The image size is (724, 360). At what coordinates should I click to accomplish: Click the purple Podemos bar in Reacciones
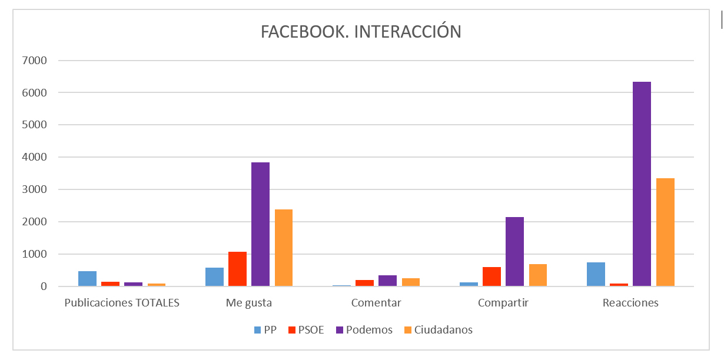(642, 184)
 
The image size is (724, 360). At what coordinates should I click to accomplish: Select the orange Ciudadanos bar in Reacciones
(665, 232)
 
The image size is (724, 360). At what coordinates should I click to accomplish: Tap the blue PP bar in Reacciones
(596, 274)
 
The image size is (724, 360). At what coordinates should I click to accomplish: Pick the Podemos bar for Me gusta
(260, 224)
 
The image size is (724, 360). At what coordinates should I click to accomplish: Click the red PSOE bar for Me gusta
(237, 269)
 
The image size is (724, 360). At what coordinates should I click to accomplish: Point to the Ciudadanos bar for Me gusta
(283, 248)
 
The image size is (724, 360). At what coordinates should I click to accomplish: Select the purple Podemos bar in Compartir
(514, 251)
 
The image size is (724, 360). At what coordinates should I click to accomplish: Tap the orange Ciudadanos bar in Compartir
(537, 275)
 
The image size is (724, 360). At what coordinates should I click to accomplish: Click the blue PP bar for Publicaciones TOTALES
(87, 278)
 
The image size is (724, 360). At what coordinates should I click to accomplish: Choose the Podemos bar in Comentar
(387, 281)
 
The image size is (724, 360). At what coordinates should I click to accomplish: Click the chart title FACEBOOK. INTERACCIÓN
(361, 32)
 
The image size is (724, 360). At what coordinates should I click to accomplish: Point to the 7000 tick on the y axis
(35, 61)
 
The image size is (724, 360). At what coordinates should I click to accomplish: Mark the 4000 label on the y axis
(35, 158)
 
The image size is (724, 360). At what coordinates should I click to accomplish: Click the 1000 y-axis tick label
(35, 255)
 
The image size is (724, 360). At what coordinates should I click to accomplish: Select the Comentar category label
(376, 304)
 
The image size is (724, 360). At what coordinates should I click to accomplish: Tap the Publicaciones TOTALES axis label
(121, 304)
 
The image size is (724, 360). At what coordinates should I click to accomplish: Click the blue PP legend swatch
(257, 330)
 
